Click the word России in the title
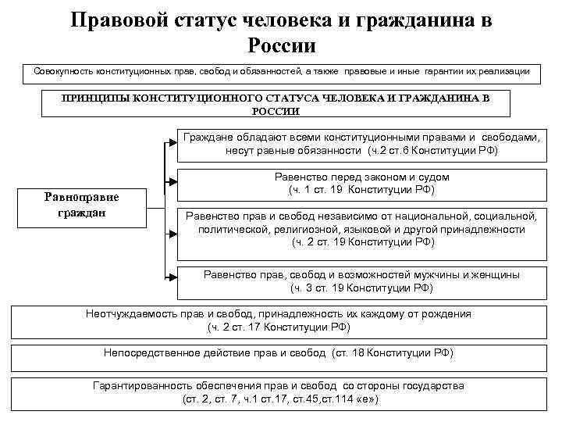tap(280, 45)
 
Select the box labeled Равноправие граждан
tap(82, 204)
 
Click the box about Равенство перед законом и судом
tap(361, 184)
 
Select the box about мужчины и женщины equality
tap(361, 281)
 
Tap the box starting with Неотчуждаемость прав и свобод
tap(279, 320)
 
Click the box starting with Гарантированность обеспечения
tap(279, 392)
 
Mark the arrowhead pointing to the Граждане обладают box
tap(173, 143)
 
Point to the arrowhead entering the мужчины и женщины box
tap(173, 275)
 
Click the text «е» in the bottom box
tap(367, 399)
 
